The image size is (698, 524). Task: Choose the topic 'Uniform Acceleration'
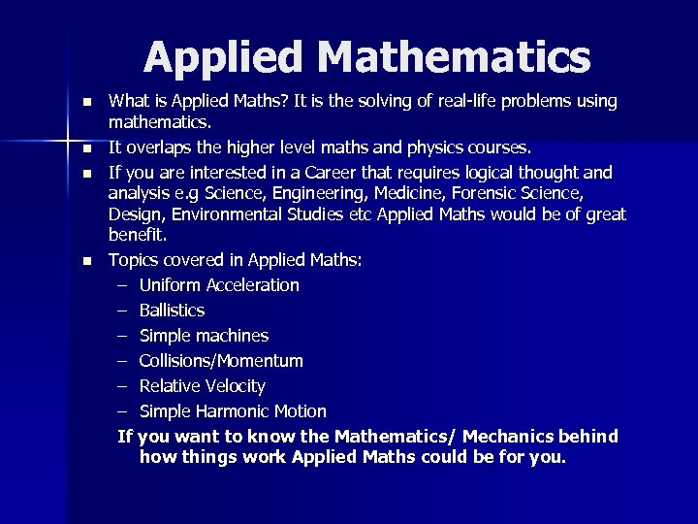click(x=219, y=285)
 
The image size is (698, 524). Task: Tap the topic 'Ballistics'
click(x=172, y=311)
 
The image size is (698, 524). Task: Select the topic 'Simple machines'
click(x=204, y=336)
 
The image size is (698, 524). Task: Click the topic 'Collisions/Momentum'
click(x=221, y=361)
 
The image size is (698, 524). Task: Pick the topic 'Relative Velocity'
click(x=202, y=386)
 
